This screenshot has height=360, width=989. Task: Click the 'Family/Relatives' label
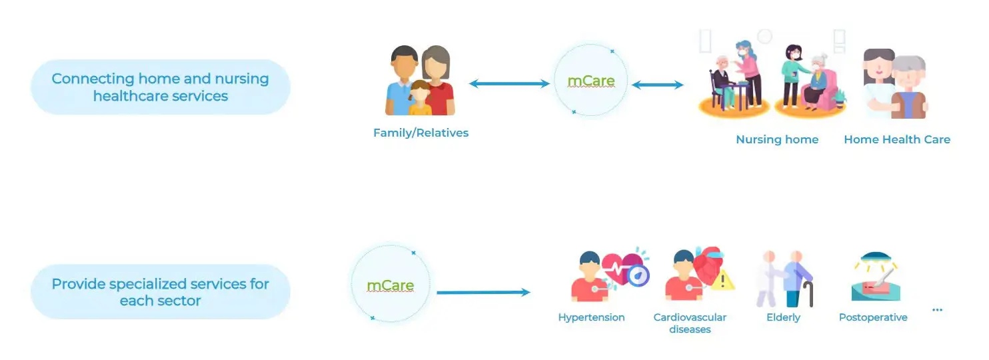pos(421,133)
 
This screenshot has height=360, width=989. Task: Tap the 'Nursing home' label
pos(776,139)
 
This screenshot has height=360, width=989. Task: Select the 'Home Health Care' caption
pos(896,139)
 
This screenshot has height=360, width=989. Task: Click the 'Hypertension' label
pos(591,317)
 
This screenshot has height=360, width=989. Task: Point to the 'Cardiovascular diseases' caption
pos(690,323)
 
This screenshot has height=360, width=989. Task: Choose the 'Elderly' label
pos(783,317)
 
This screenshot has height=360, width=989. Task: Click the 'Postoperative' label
pos(872,317)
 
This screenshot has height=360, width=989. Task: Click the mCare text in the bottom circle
pos(390,286)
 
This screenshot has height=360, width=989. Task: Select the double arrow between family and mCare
pos(508,84)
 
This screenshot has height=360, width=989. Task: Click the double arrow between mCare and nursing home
pos(657,85)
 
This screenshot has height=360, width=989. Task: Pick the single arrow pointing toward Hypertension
pos(483,292)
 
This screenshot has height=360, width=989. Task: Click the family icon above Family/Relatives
pos(420,81)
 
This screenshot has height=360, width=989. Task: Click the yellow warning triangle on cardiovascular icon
pos(722,281)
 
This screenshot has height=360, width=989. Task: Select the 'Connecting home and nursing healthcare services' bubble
pos(160,87)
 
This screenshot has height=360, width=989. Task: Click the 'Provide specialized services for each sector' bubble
pos(160,292)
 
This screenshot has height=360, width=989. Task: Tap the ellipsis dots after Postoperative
pos(937,310)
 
